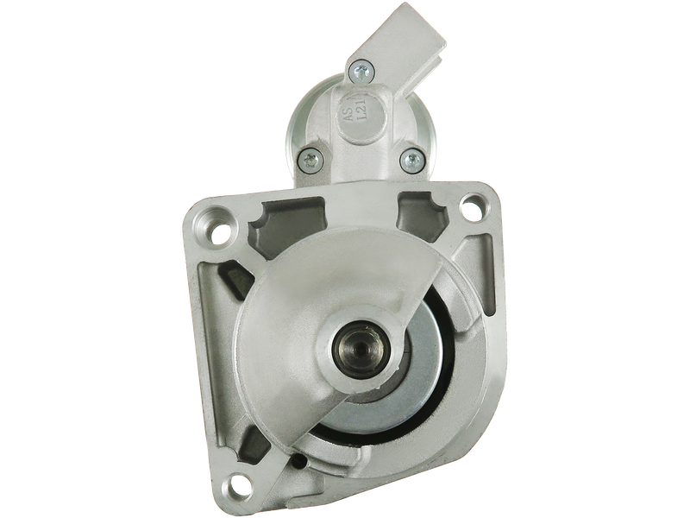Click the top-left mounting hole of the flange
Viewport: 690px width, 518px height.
(219, 232)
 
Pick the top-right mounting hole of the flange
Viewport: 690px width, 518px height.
(470, 207)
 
